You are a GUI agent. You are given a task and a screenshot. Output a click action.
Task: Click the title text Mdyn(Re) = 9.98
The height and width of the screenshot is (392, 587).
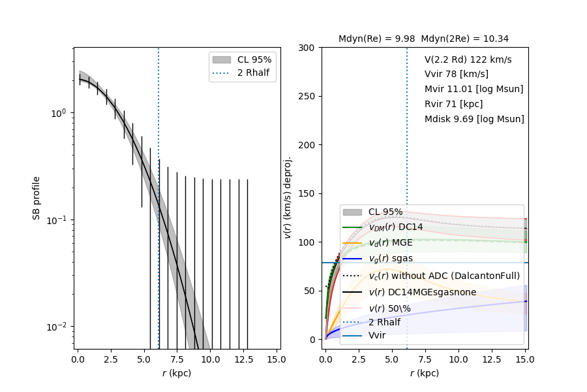click(377, 39)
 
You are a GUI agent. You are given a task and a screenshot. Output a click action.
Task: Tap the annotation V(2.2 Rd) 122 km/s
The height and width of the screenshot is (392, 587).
click(468, 59)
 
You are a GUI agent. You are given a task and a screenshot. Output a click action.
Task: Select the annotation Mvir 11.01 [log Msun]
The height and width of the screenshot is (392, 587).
click(474, 89)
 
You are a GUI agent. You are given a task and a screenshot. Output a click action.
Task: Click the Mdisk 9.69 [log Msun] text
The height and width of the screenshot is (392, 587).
click(474, 119)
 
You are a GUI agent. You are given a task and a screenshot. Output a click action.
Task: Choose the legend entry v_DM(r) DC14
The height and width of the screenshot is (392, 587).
click(395, 227)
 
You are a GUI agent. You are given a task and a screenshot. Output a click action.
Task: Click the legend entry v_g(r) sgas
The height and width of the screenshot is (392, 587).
click(390, 258)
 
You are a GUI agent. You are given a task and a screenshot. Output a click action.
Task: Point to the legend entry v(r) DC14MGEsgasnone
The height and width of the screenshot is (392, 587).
click(422, 291)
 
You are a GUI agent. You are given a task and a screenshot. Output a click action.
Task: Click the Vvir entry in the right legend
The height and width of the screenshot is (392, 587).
click(377, 335)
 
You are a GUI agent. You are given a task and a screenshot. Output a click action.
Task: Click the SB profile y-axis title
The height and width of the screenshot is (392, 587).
click(37, 197)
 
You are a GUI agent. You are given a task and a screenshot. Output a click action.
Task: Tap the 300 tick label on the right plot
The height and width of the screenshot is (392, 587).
click(307, 48)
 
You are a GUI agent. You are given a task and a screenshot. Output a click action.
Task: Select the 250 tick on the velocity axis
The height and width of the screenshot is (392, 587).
click(307, 96)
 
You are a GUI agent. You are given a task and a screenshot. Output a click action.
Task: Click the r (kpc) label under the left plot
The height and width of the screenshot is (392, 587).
click(177, 374)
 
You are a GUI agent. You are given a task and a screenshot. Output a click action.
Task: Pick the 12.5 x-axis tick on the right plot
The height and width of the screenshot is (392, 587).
click(485, 360)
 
